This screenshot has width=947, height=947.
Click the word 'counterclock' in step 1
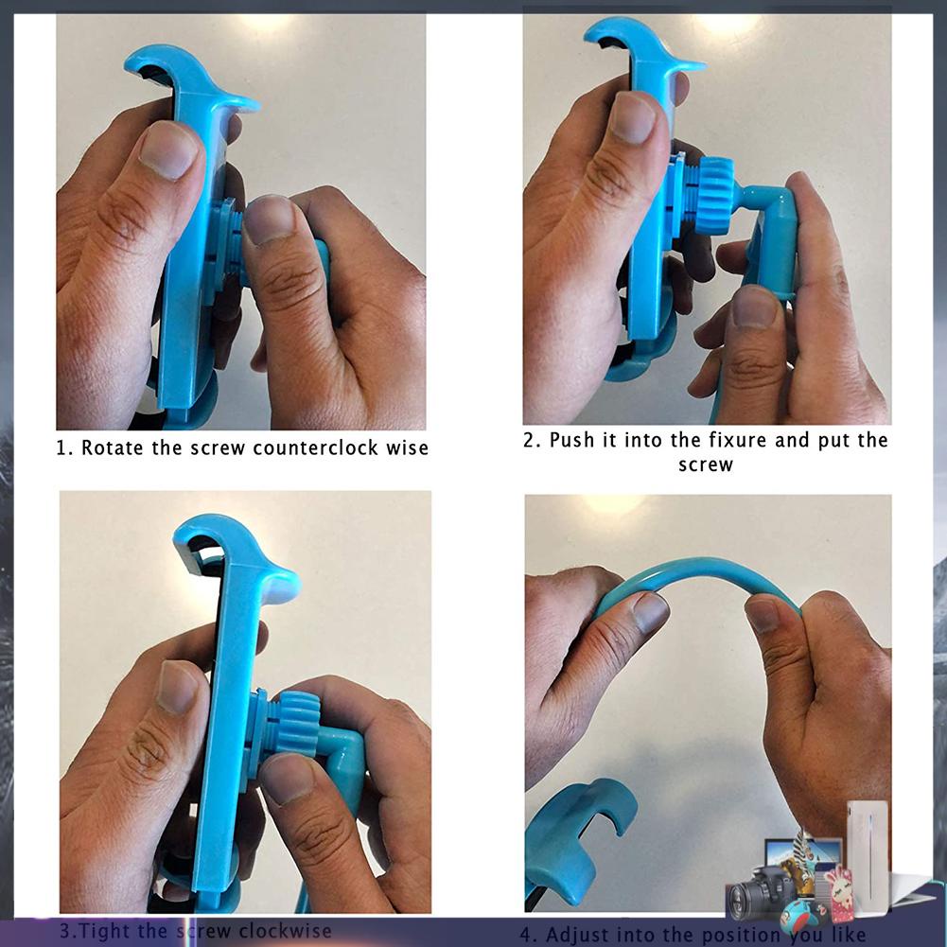(315, 448)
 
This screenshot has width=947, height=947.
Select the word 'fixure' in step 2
(738, 440)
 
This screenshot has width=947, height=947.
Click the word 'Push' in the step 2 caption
(572, 440)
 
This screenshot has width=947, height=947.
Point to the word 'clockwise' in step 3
(285, 931)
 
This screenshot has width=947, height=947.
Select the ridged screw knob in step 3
(297, 723)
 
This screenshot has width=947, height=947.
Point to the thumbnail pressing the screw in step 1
(269, 219)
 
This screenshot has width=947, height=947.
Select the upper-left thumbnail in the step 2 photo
(632, 117)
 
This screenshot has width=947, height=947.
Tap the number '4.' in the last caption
(528, 936)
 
